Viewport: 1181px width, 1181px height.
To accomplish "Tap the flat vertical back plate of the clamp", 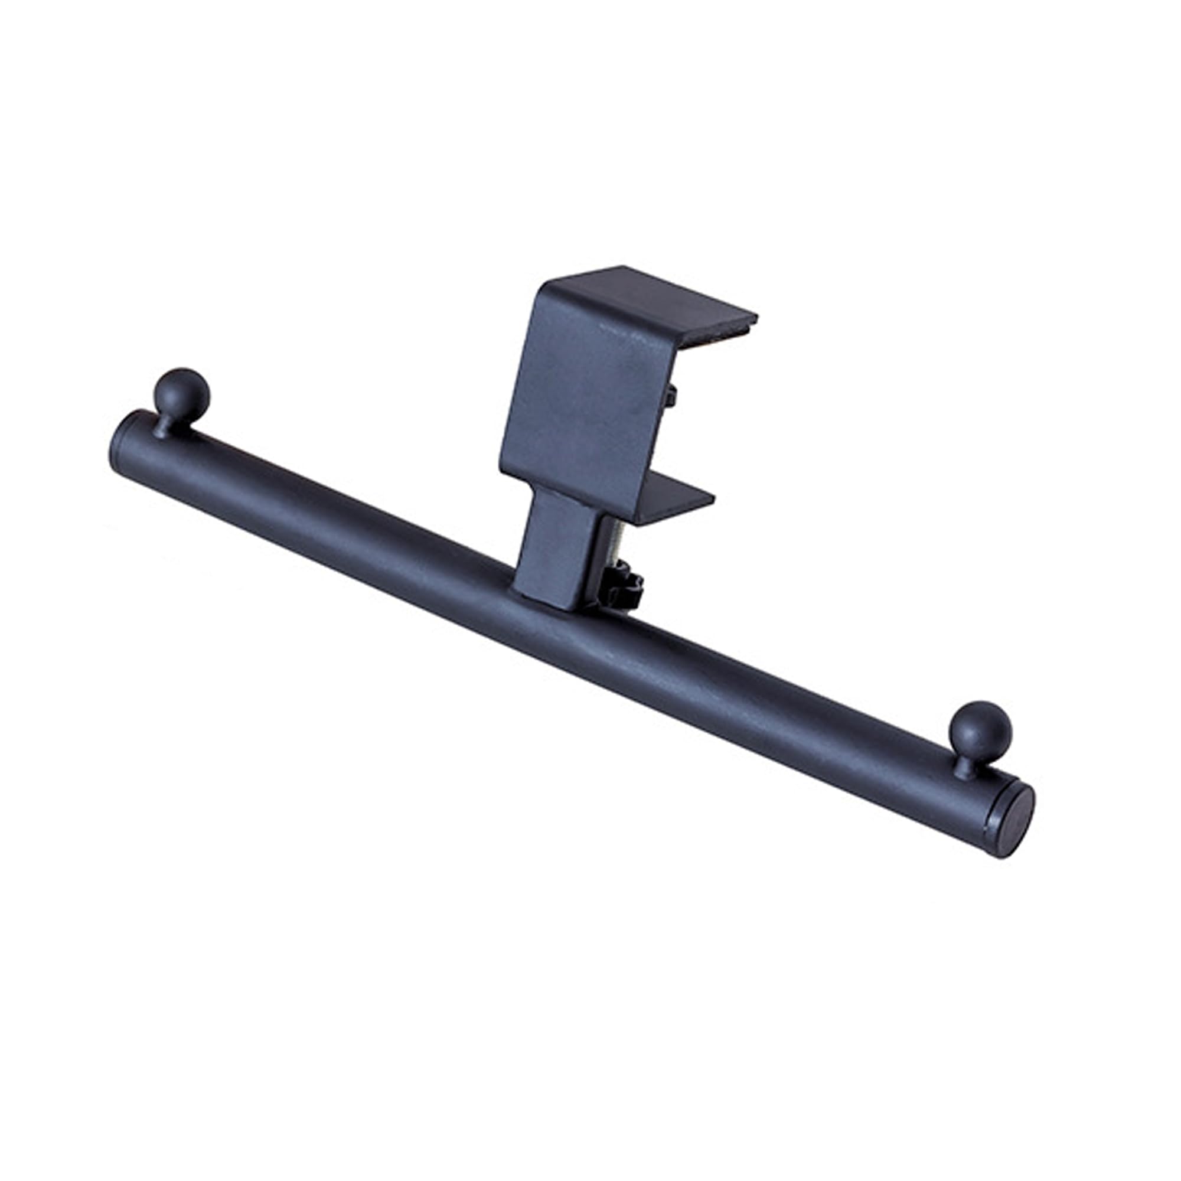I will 580,392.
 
